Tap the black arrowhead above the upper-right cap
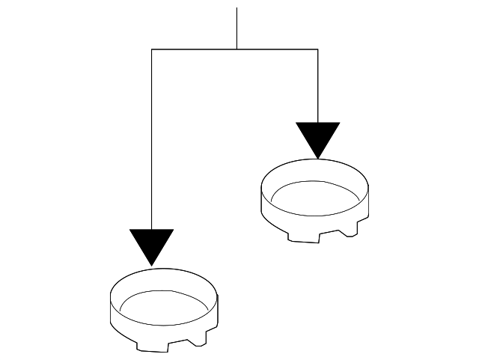(x=318, y=137)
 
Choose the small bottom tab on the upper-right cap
(x=350, y=231)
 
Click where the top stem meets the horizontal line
(x=237, y=49)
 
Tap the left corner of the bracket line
(x=152, y=49)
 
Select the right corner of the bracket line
(x=318, y=49)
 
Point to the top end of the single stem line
(x=237, y=8)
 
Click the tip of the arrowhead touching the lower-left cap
(x=152, y=264)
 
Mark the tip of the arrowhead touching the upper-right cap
(x=318, y=158)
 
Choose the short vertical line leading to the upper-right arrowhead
(x=318, y=86)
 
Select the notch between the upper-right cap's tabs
(x=332, y=234)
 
